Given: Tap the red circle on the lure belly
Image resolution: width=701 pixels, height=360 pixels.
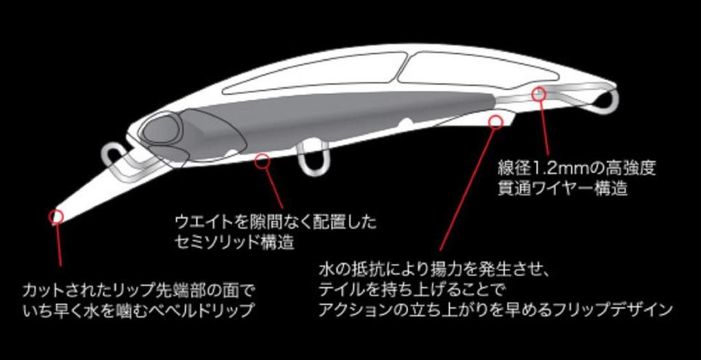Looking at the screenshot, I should point(262,162).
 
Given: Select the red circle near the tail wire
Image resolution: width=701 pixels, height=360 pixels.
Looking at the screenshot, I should point(539,93).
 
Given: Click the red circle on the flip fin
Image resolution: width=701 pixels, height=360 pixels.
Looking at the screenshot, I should point(495,122).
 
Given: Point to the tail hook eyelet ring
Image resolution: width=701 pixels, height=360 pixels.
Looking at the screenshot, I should point(607,100).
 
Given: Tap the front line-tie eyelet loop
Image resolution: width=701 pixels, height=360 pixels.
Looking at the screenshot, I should point(112,155).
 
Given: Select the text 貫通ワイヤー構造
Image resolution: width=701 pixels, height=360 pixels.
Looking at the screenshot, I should point(563,189).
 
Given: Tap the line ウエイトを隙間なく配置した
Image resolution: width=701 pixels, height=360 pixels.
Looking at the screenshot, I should point(276,223).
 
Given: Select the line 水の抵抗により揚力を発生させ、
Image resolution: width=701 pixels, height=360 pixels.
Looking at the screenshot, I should point(433,266).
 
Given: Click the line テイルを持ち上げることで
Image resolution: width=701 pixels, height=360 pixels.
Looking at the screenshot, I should point(410,287).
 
